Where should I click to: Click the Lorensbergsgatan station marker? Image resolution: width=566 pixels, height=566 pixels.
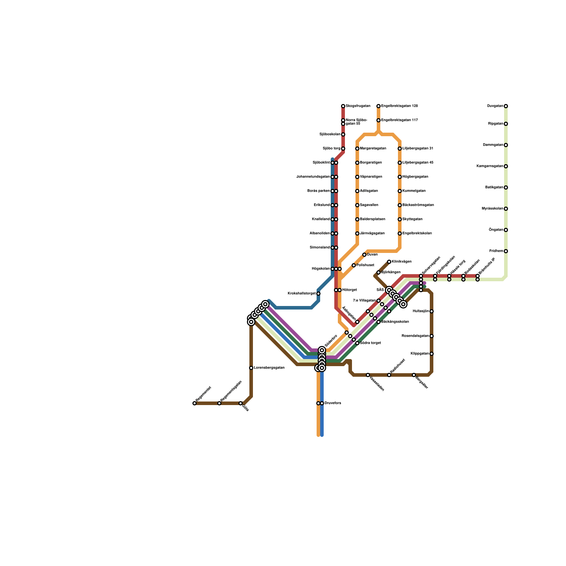point(251,368)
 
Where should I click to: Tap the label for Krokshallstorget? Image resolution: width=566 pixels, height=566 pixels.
point(301,294)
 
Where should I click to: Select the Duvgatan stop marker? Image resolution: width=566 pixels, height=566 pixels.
point(506,106)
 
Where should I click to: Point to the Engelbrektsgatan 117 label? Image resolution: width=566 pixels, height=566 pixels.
point(399,120)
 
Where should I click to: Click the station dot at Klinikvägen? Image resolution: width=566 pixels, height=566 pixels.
point(389,262)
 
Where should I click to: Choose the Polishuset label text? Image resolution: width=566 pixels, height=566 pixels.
point(365,265)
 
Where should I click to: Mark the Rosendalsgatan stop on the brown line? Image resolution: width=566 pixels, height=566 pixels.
point(432,336)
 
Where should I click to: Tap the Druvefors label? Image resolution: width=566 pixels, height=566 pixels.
point(333,403)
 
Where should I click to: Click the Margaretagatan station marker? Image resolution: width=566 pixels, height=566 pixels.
point(357,149)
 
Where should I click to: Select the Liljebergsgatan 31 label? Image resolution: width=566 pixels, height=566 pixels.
point(418,149)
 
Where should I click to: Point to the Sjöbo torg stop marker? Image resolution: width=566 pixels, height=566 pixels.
point(343,149)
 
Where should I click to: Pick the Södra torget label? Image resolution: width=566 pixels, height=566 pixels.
point(370,343)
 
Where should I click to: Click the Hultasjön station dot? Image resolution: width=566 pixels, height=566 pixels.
point(432,311)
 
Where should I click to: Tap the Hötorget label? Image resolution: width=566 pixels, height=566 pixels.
point(350,290)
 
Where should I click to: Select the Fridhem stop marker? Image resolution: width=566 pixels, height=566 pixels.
point(506,251)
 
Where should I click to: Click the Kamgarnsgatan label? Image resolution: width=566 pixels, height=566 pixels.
point(490,166)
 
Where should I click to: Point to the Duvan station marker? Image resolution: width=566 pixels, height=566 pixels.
point(364,255)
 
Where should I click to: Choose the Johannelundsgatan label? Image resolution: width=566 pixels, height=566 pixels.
point(313,177)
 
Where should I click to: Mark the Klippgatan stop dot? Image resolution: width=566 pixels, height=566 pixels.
point(432,354)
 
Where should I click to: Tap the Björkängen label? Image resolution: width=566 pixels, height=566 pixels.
point(391,272)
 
